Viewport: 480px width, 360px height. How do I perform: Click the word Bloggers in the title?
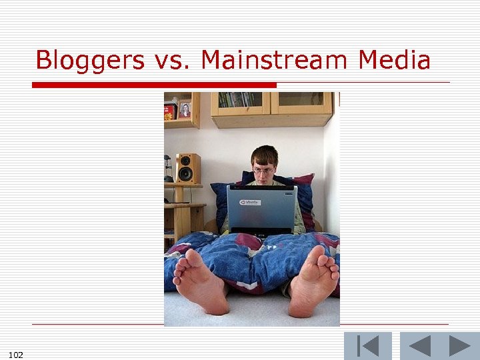tap(90, 61)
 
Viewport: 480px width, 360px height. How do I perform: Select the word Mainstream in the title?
tap(276, 61)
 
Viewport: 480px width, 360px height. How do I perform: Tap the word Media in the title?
tap(394, 61)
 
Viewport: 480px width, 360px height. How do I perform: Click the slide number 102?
tap(17, 355)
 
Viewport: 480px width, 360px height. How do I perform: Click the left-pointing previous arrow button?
tap(419, 346)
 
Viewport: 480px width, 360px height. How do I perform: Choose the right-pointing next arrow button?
tap(459, 346)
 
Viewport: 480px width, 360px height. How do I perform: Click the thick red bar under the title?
tap(153, 85)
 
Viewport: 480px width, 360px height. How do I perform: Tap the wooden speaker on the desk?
tap(187, 168)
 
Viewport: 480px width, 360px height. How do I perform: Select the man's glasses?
tap(263, 171)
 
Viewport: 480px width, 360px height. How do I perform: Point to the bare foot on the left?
tap(200, 283)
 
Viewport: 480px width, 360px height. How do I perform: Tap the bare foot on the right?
tap(313, 283)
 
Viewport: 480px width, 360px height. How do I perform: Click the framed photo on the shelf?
tap(185, 110)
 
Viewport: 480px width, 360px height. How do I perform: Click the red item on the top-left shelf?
tap(170, 111)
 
